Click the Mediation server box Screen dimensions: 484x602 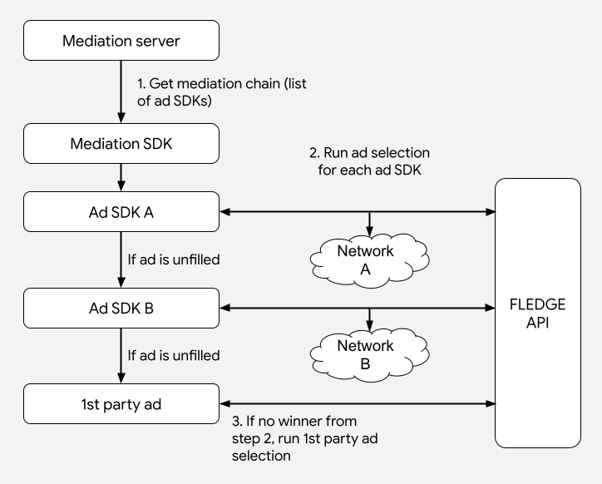(x=121, y=41)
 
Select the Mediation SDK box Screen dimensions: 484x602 (x=121, y=144)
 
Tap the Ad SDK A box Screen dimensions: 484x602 (x=121, y=212)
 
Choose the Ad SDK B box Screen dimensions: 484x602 (x=121, y=308)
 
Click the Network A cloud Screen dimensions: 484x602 (x=368, y=259)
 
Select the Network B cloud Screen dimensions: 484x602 (x=368, y=354)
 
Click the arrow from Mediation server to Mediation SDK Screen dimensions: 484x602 (x=121, y=92)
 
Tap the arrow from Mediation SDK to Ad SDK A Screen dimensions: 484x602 (x=121, y=178)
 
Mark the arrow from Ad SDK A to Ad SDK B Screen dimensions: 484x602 (x=121, y=259)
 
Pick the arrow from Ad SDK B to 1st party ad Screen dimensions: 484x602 (x=121, y=355)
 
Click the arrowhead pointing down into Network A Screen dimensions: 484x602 (x=369, y=230)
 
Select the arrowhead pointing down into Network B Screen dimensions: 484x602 (x=369, y=326)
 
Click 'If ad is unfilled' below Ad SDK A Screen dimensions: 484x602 (x=174, y=260)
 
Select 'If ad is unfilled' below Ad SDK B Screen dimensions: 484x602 (x=174, y=356)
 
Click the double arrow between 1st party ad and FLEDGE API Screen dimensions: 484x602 (x=358, y=403)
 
